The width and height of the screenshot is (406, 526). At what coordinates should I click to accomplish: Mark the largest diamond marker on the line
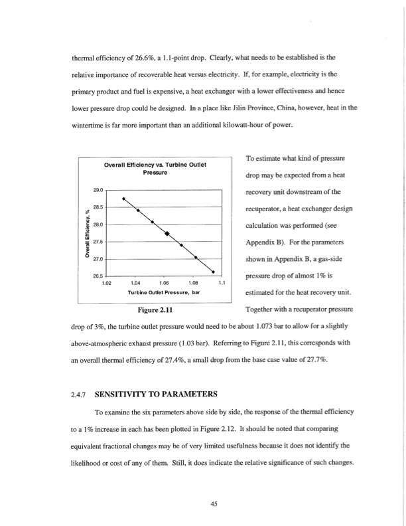point(167,234)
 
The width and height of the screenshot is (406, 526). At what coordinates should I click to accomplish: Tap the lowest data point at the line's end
point(213,272)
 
